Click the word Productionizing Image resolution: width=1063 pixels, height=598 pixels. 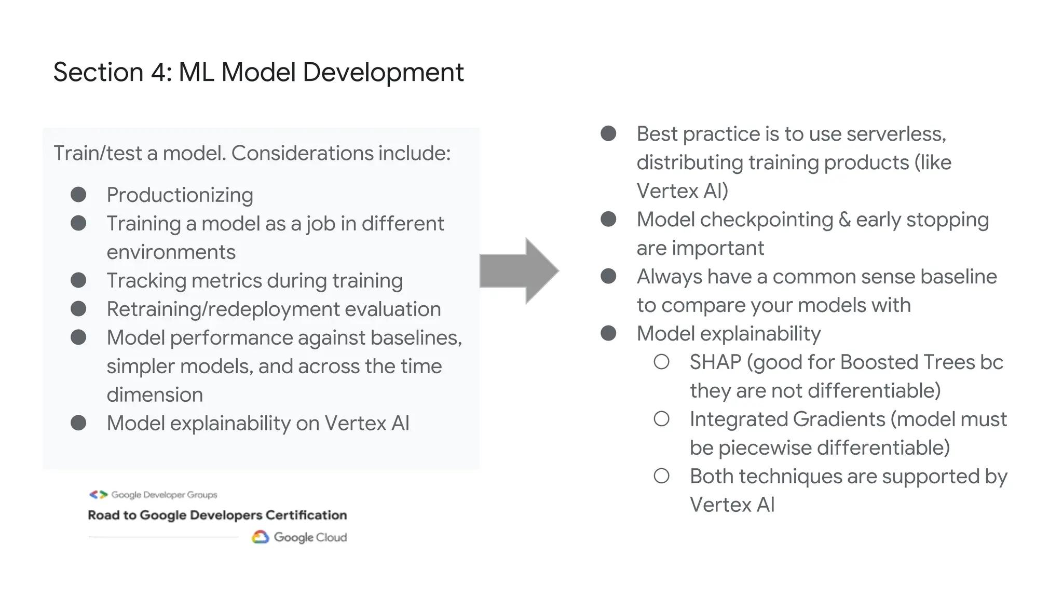pos(180,195)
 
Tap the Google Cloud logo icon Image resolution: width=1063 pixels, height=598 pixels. pos(260,537)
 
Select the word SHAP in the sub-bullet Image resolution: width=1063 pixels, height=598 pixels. pos(715,362)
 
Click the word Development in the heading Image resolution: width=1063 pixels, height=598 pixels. pos(383,72)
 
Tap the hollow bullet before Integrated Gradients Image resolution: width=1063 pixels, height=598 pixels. pos(661,419)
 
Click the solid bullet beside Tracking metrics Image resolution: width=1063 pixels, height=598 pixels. pos(78,280)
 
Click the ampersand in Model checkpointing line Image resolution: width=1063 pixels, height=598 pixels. pos(844,220)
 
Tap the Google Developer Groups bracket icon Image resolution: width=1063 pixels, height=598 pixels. pos(98,495)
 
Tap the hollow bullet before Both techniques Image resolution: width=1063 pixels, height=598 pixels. pos(661,476)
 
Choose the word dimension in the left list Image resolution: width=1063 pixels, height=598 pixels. pos(155,395)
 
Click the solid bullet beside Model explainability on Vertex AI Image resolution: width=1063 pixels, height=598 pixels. pos(78,423)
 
